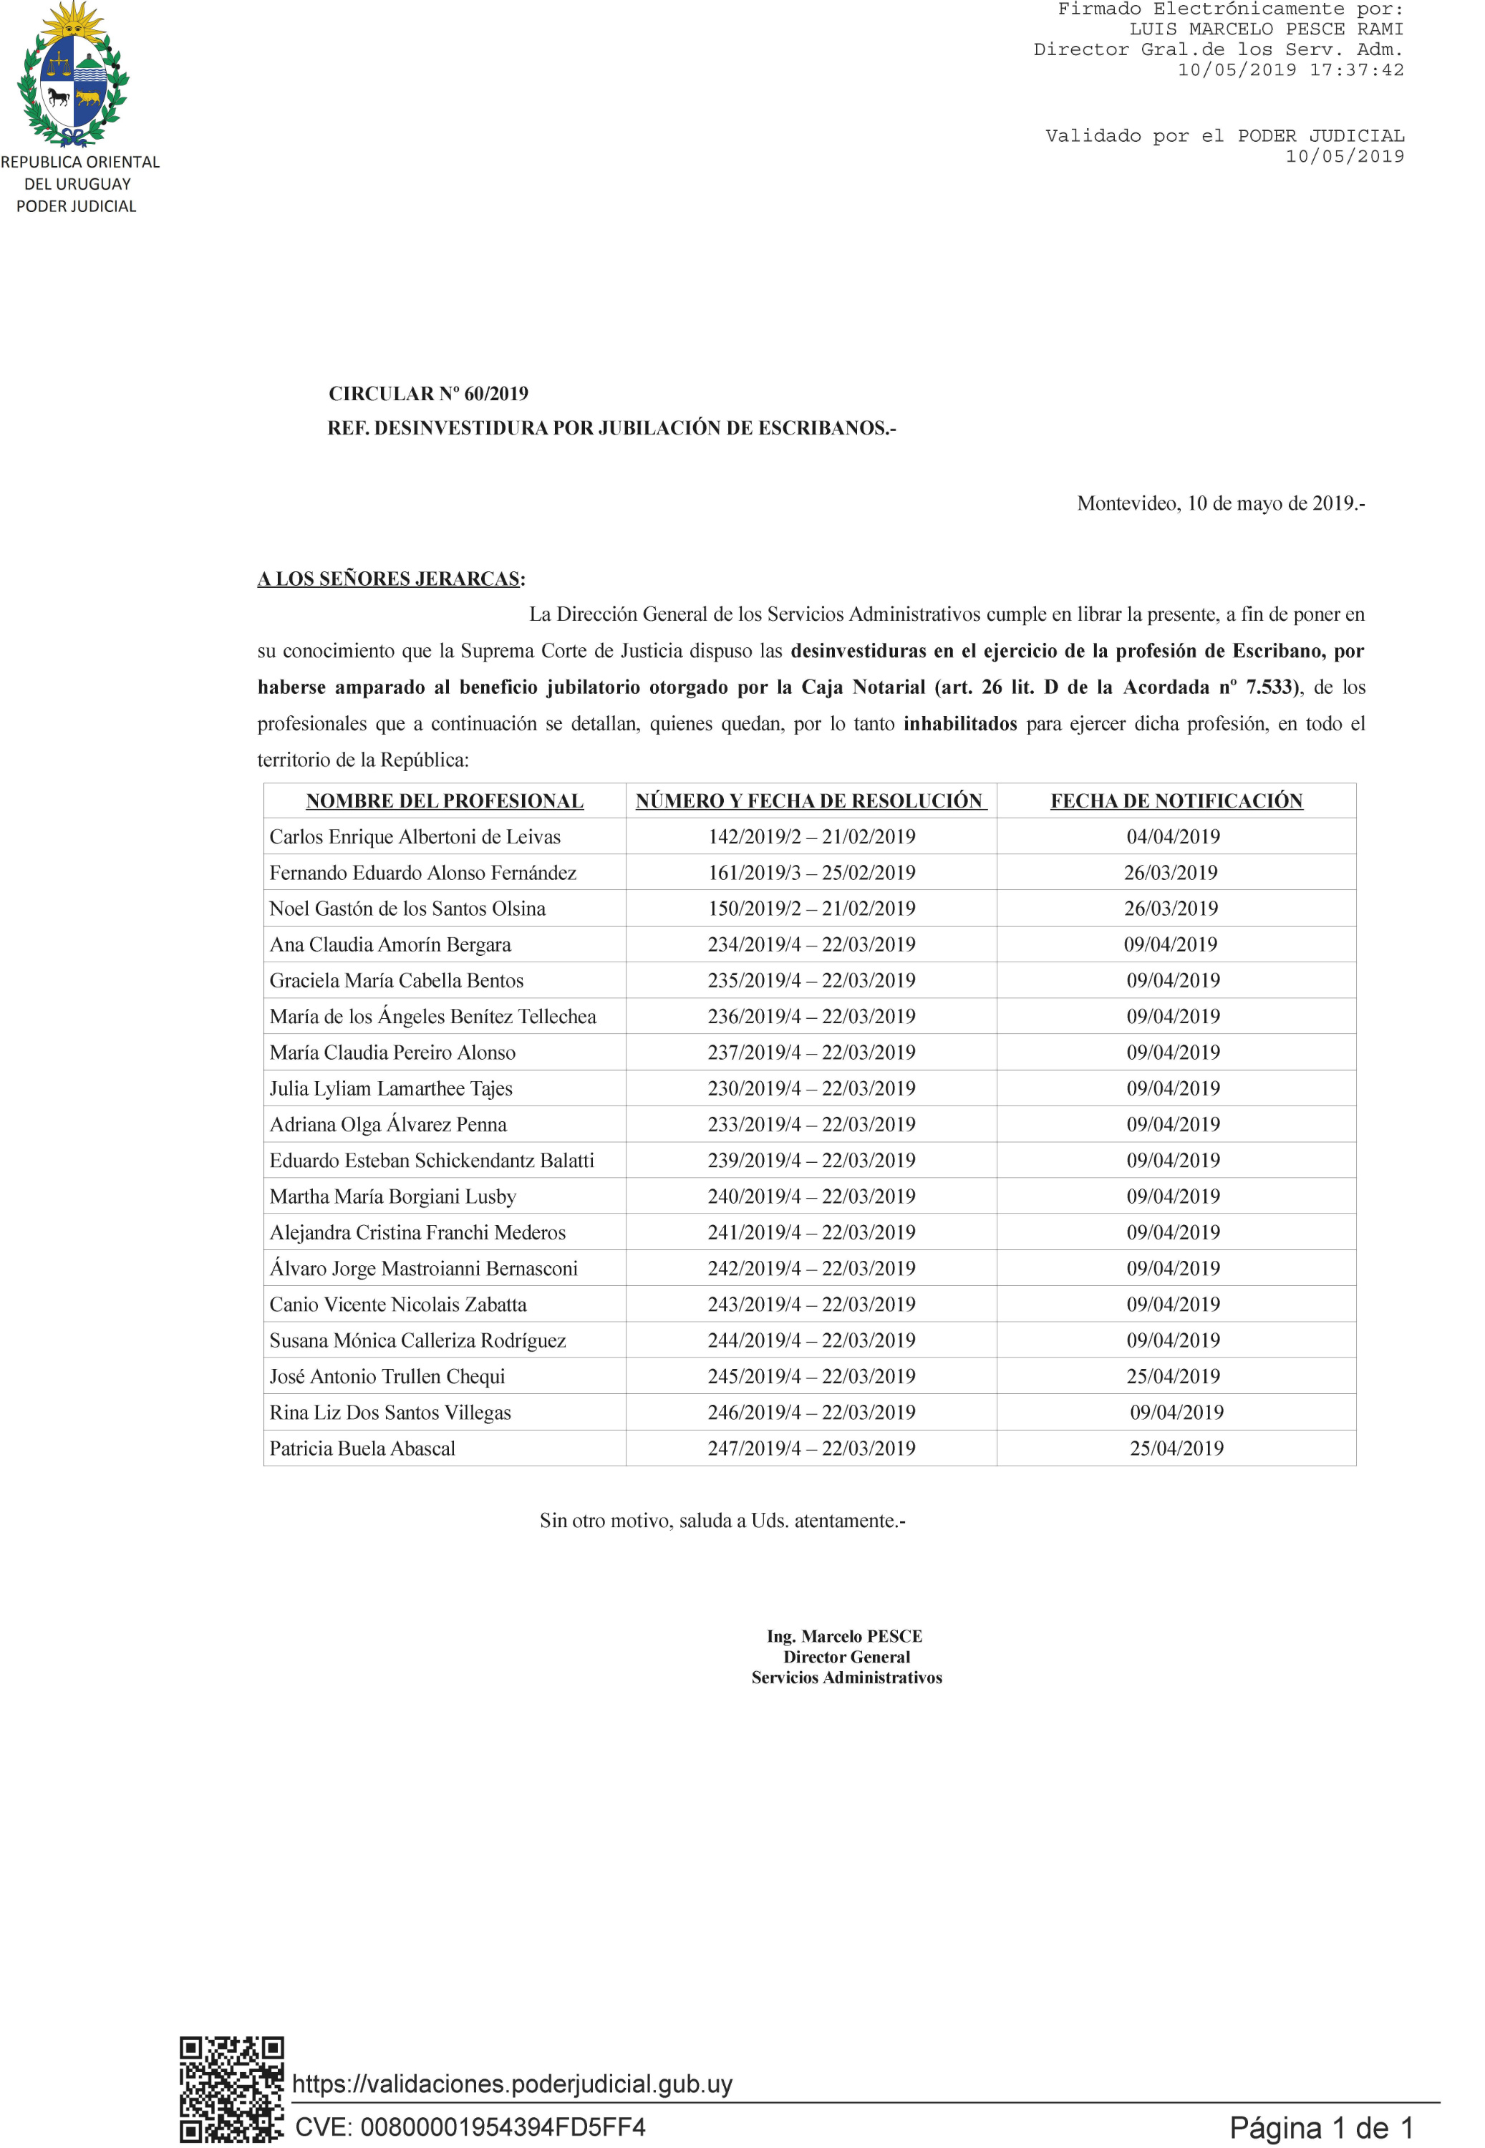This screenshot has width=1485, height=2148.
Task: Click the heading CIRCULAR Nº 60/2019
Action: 428,394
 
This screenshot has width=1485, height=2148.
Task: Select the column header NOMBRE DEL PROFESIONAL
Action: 445,801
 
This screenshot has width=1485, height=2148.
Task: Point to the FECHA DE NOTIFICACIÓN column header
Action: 1176,801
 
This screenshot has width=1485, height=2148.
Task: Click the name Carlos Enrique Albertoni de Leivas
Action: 415,836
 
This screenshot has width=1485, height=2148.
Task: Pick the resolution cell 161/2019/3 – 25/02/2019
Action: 811,873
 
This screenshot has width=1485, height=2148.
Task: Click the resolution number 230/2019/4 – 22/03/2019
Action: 811,1088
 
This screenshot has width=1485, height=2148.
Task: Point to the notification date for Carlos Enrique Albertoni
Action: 1174,836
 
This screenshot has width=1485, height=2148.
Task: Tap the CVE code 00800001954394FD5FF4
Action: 470,2127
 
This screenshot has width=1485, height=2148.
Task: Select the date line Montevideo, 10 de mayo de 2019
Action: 1220,503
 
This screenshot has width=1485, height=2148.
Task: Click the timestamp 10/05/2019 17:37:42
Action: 1290,69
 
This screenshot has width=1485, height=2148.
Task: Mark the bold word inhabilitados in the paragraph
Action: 959,724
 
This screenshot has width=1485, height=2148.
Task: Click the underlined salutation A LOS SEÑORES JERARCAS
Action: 389,579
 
